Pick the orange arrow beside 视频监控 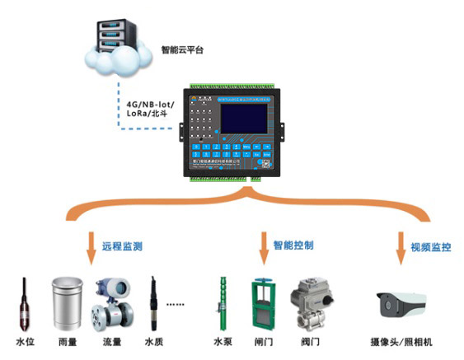pyautogui.click(x=401, y=246)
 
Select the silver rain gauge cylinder pyautogui.click(x=67, y=302)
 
